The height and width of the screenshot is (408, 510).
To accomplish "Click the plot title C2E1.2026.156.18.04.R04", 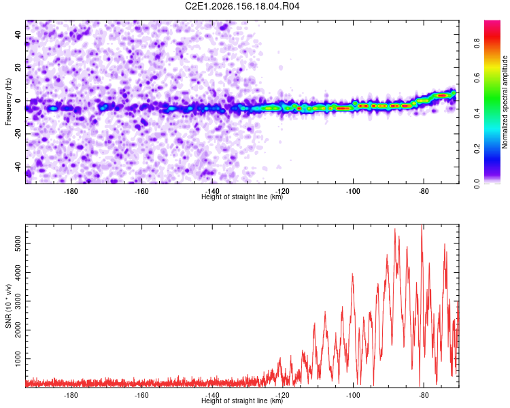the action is point(242,6).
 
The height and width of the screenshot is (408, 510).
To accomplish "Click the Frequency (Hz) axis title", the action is point(8,102).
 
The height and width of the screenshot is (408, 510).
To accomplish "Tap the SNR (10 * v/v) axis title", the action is point(8,306).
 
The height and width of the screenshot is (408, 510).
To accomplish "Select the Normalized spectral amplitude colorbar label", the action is point(505,102).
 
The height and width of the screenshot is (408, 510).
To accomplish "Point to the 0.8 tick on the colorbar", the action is point(477,43).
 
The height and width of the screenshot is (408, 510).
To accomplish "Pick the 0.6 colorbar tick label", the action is point(477,78).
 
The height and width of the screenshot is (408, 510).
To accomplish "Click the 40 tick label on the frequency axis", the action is point(18,34).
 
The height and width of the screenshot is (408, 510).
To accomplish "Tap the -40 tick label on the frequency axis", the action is point(18,167).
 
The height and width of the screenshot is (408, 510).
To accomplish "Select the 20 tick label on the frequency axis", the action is point(18,67).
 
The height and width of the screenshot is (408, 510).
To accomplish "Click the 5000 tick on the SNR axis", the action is point(18,243).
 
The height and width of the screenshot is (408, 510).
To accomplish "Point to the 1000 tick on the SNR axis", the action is point(18,359).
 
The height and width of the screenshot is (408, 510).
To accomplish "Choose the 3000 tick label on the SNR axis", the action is point(18,301).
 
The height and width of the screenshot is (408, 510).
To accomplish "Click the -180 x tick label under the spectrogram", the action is point(71,191).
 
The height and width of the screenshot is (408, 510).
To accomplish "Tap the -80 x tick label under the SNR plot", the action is point(424,395).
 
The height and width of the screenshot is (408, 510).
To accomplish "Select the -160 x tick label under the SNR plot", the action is point(141,395).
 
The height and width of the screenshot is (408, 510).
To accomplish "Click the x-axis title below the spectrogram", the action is point(242,197).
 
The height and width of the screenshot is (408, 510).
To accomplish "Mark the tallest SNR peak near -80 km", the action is point(422,225).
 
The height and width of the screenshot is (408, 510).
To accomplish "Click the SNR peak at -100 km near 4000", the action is point(352,274).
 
